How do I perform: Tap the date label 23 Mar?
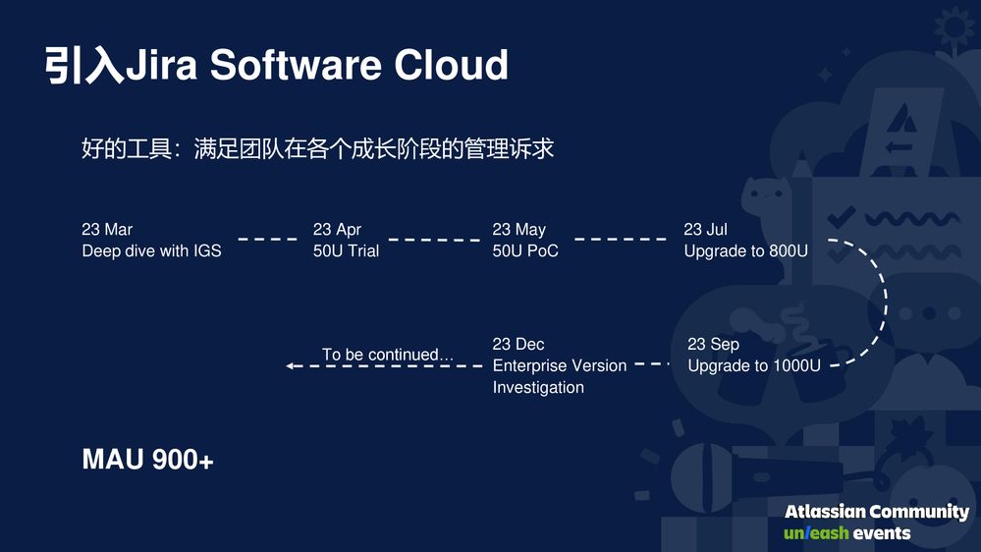click(107, 230)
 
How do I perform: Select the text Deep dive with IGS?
click(151, 251)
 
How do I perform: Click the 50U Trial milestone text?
click(346, 251)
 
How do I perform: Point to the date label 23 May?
click(518, 230)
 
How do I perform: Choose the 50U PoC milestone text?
click(525, 251)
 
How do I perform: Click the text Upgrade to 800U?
click(745, 251)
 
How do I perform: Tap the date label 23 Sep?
click(713, 344)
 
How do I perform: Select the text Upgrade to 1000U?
click(753, 365)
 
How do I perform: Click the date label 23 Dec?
click(518, 344)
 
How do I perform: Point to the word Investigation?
click(538, 387)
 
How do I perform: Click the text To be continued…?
click(388, 355)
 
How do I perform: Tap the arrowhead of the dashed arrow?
click(291, 366)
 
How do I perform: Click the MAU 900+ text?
click(147, 460)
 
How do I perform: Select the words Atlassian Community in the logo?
click(876, 512)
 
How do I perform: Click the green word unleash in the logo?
click(816, 533)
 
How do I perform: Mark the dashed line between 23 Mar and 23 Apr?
click(267, 239)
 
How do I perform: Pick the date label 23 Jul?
click(705, 230)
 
